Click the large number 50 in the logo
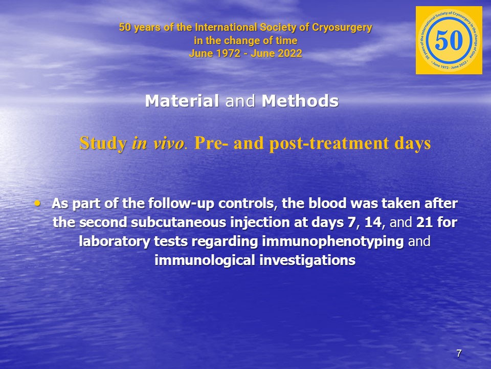[x=449, y=40]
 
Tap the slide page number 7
[x=459, y=353]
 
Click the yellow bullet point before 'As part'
[x=37, y=203]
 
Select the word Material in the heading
[x=182, y=101]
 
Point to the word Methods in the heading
[x=300, y=101]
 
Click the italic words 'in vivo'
[x=158, y=143]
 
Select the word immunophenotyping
[x=332, y=241]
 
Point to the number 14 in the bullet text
[x=373, y=222]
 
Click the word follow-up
[x=181, y=204]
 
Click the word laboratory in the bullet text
[x=115, y=241]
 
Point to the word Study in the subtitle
[x=103, y=143]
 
